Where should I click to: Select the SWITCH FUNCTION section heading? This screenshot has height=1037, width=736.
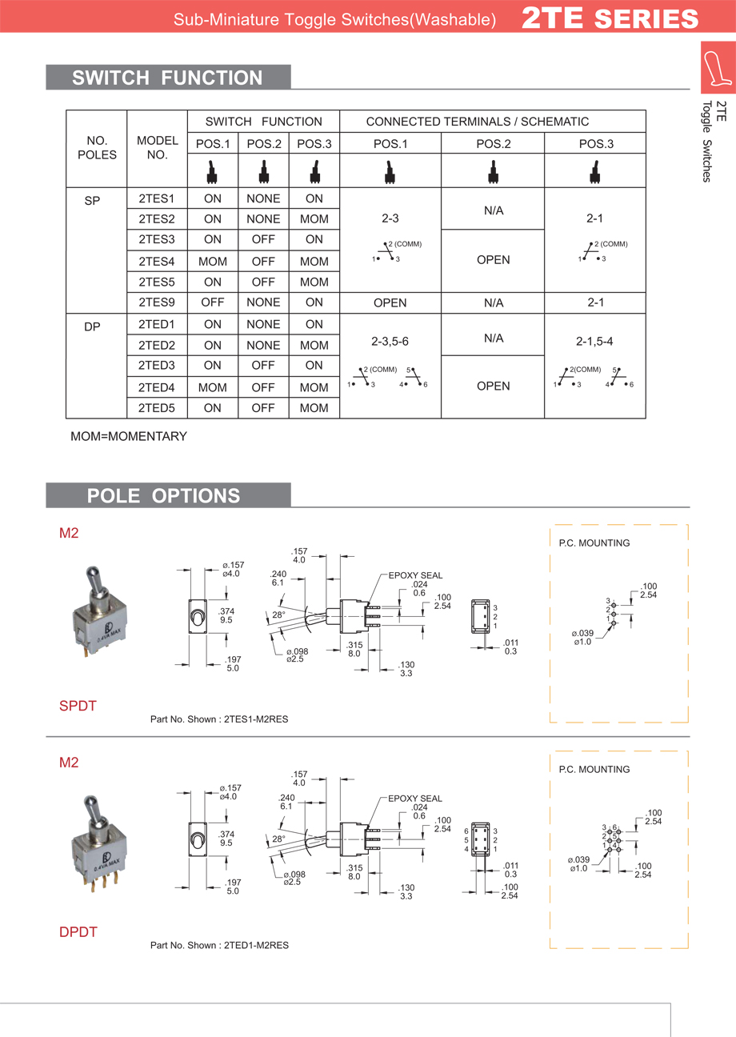click(167, 78)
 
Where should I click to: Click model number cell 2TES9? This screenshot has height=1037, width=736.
click(157, 302)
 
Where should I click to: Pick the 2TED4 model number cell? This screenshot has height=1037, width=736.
click(157, 387)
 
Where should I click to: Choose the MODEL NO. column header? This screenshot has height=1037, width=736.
click(157, 147)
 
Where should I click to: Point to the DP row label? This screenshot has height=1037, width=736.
click(92, 326)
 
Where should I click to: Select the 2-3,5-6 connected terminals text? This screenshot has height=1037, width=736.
click(390, 341)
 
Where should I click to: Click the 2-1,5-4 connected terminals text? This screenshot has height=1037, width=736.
click(594, 341)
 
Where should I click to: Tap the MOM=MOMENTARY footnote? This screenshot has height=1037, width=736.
click(129, 436)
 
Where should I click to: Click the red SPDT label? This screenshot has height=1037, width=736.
click(78, 706)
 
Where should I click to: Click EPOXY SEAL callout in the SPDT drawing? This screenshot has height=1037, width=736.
click(415, 575)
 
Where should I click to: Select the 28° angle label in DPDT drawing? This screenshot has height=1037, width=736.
click(278, 839)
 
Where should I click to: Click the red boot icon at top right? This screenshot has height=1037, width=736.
click(717, 69)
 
